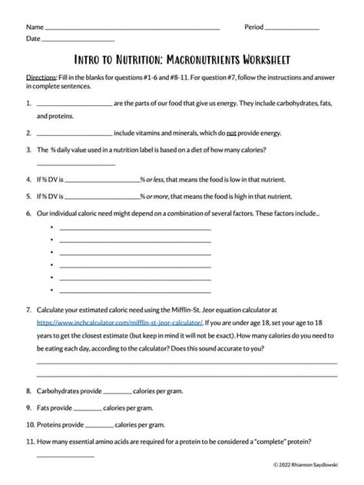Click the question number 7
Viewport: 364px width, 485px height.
[28, 309]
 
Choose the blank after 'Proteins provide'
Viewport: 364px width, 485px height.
[99, 424]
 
